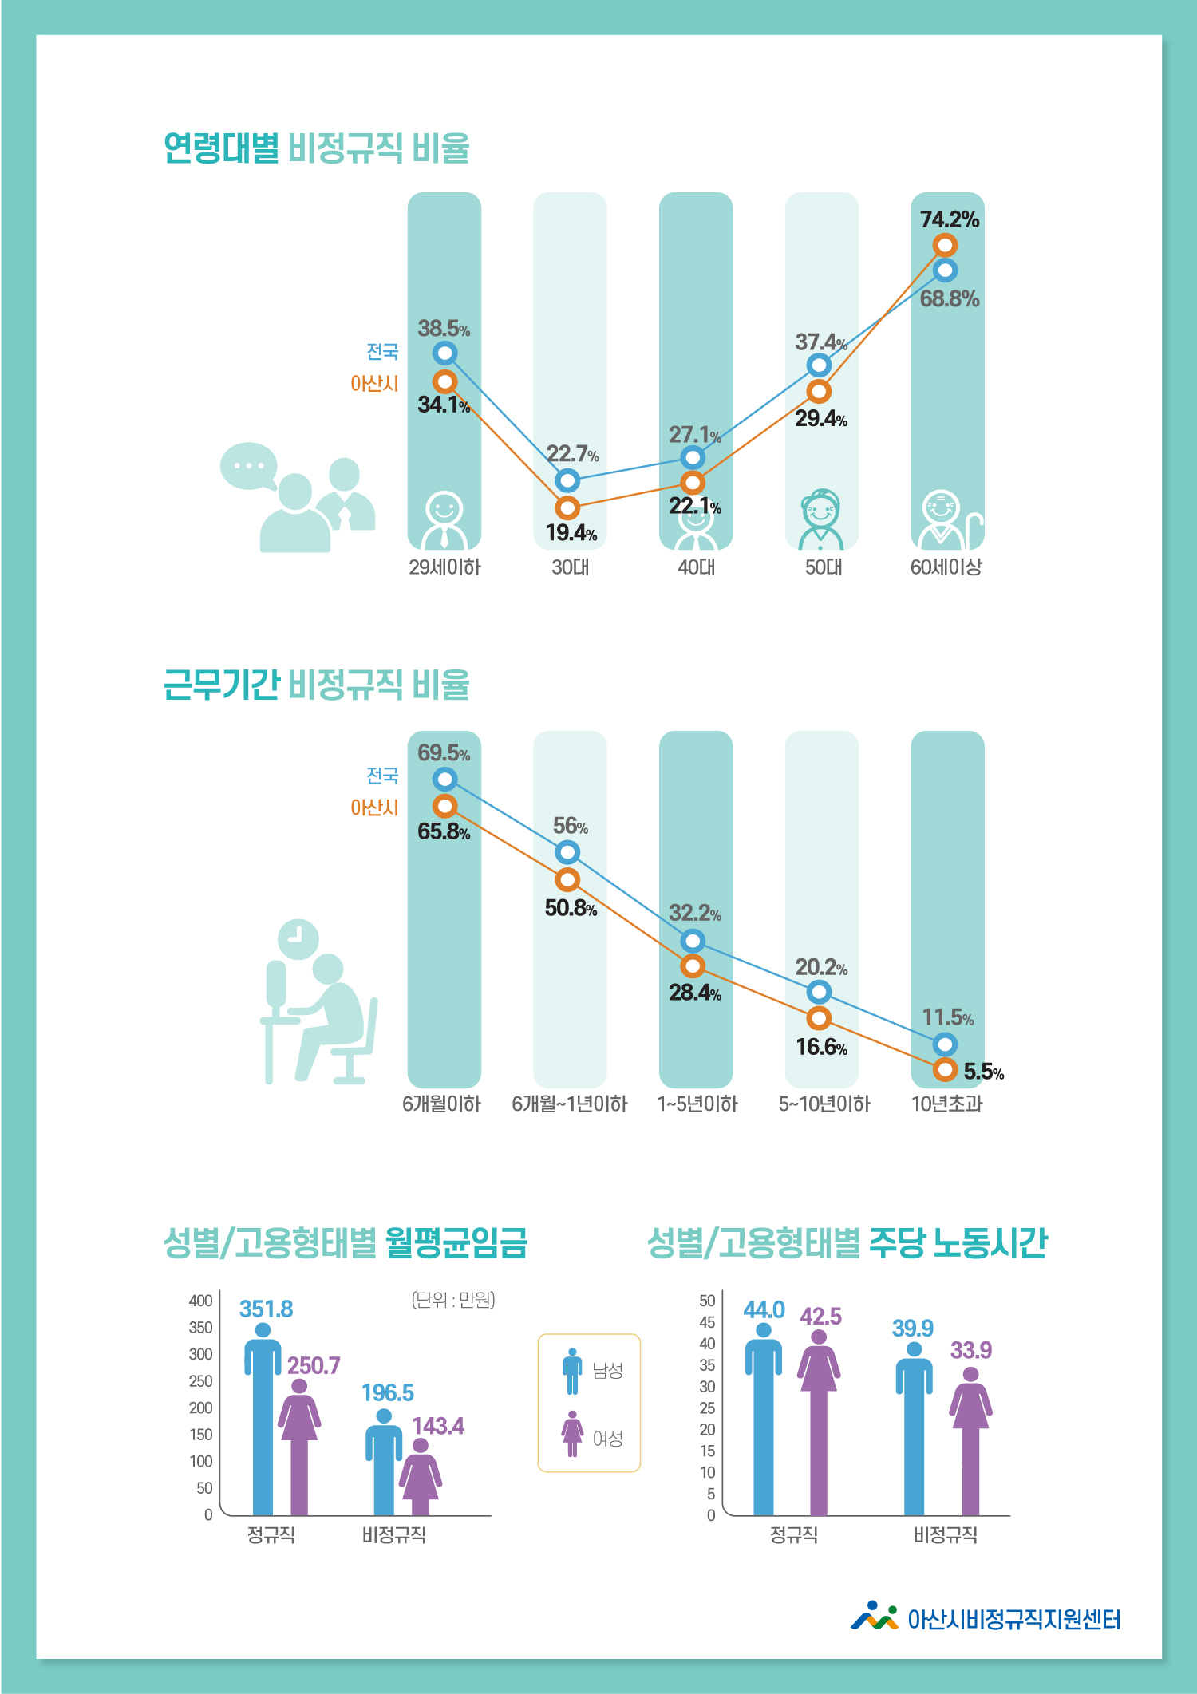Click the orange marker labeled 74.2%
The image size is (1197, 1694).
click(x=945, y=245)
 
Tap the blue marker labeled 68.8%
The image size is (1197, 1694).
click(x=945, y=270)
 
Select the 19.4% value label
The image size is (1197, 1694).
click(x=571, y=533)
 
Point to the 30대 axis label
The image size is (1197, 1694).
click(x=571, y=567)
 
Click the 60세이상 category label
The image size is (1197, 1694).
click(x=946, y=567)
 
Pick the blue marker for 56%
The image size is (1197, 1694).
click(x=567, y=852)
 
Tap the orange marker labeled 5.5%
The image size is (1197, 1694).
click(x=945, y=1069)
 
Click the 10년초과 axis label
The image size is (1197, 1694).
click(x=947, y=1104)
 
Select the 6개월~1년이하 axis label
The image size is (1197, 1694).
click(x=570, y=1104)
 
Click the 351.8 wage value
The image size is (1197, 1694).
click(x=266, y=1309)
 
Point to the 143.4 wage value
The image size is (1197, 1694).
click(x=437, y=1426)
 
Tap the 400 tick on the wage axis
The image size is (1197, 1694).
click(x=201, y=1301)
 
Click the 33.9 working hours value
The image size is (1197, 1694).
click(x=970, y=1350)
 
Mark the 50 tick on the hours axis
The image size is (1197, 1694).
click(x=707, y=1301)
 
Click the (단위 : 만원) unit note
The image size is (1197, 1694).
click(x=453, y=1300)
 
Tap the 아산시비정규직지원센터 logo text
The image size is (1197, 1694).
click(x=1013, y=1619)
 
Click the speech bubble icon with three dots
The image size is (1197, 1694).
click(x=249, y=466)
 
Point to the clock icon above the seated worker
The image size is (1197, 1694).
click(x=298, y=939)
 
